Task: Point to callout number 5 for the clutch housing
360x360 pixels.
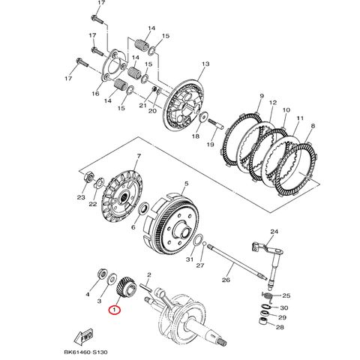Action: (187, 182)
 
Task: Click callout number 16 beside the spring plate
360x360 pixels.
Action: (95, 93)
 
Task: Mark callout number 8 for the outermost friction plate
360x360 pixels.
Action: (313, 127)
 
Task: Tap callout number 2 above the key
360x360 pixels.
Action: (149, 275)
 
